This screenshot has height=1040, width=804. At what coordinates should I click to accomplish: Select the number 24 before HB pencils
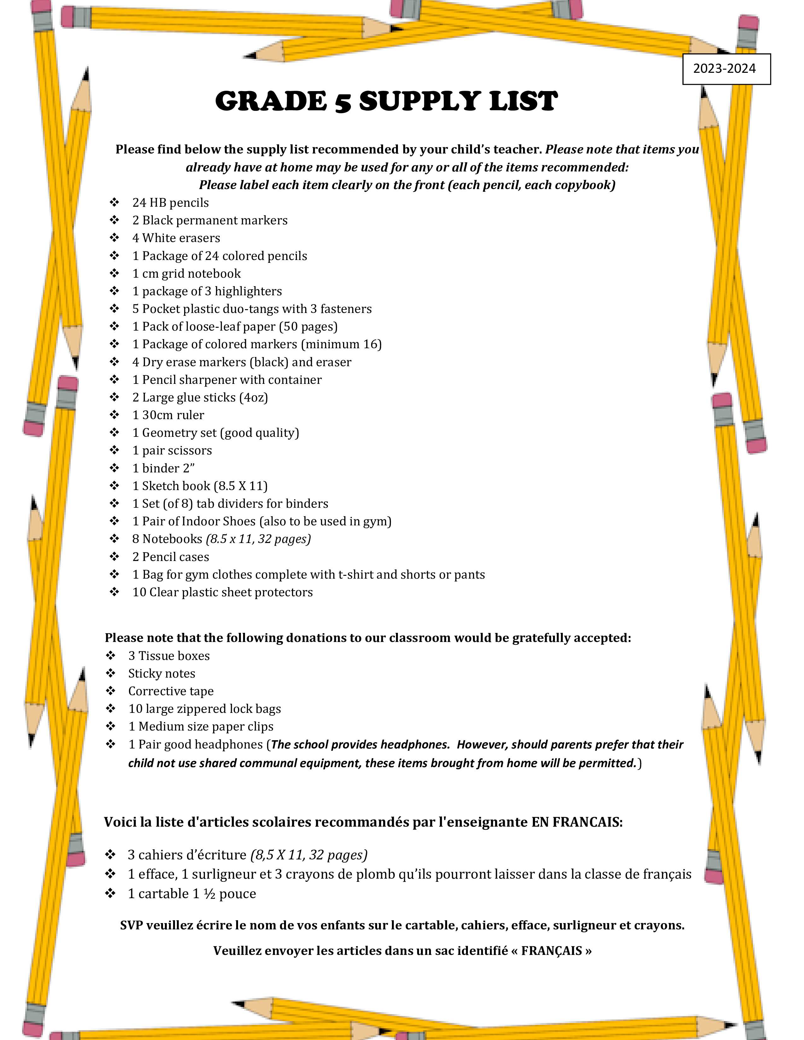[139, 203]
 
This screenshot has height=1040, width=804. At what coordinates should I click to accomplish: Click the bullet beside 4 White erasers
[114, 238]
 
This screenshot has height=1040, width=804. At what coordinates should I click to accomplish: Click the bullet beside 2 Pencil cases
[114, 557]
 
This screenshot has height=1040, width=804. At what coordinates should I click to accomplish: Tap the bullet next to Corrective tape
[110, 691]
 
